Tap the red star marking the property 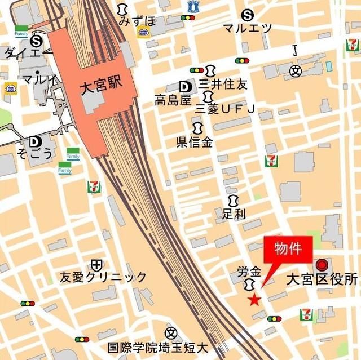[254, 300]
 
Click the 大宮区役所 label [322, 279]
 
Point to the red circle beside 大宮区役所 [322, 264]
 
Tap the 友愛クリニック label [103, 277]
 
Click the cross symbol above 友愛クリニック [96, 264]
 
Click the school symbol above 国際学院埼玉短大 [171, 334]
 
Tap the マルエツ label [247, 28]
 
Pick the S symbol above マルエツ [246, 15]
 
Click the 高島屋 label [173, 100]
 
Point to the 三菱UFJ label [224, 108]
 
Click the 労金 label [250, 271]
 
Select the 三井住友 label [223, 85]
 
